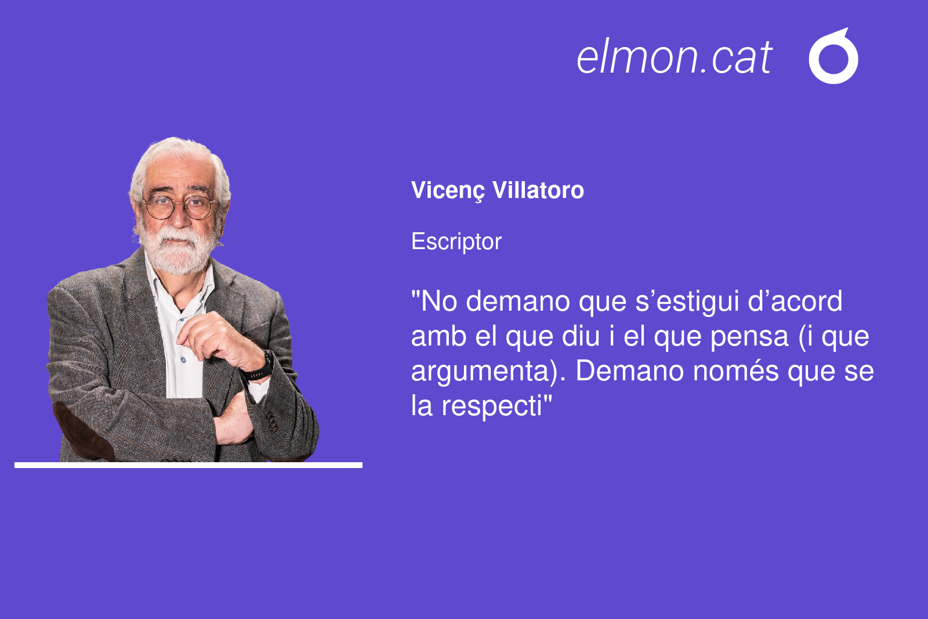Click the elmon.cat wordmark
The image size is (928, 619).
coord(675,57)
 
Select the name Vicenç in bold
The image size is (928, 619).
coord(447,191)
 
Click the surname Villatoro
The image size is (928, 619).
coord(538,190)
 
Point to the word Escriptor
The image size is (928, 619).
coord(456,242)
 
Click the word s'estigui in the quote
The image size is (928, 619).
coord(687,301)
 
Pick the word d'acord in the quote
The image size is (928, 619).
coord(795,301)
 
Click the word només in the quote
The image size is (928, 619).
coord(736,371)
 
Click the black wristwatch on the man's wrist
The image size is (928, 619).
coord(260,368)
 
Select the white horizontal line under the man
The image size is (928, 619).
coord(188,465)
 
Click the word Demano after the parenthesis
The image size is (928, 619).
coord(630,371)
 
